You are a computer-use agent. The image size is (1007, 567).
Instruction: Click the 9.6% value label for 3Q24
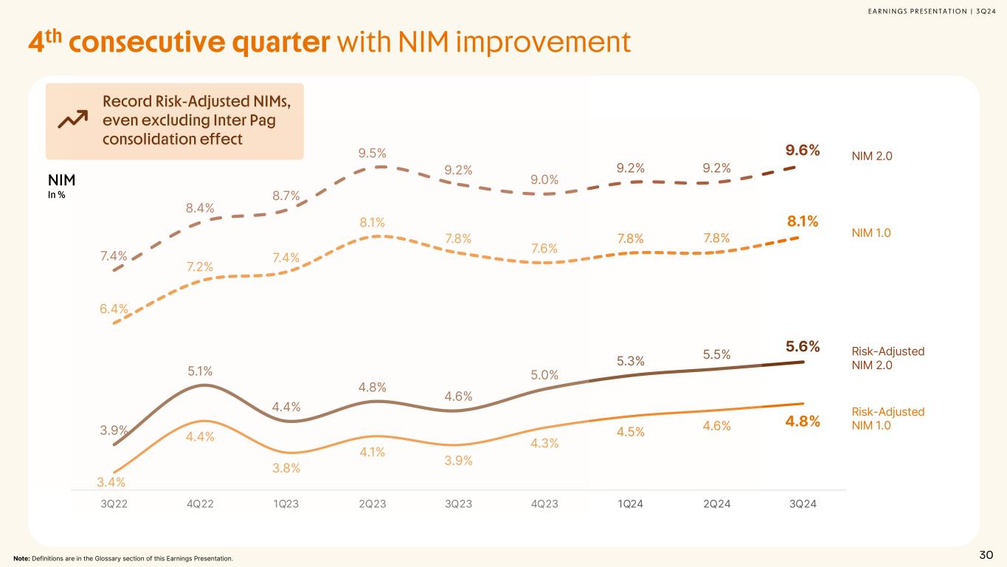803,151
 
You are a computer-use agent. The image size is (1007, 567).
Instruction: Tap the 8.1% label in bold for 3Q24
803,221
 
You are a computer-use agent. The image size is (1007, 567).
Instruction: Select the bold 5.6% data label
803,346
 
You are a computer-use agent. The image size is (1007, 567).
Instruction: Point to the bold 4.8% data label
803,422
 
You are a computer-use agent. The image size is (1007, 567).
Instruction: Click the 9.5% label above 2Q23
373,154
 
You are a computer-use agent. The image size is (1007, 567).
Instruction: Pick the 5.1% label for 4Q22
200,370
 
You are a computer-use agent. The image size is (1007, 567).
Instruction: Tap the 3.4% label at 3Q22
111,482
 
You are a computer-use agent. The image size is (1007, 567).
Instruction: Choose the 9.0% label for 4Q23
544,179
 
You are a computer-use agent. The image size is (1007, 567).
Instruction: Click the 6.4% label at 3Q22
114,309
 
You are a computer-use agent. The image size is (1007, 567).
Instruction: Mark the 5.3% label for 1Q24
631,360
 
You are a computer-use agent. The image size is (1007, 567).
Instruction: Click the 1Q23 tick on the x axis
286,504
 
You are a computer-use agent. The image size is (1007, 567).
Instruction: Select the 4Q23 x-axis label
544,504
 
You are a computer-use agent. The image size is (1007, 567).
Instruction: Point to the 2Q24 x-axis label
716,504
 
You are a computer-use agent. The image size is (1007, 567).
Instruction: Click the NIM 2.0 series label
871,155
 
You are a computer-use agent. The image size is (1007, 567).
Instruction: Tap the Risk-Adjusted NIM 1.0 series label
888,418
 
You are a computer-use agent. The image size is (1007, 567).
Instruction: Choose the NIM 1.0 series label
871,233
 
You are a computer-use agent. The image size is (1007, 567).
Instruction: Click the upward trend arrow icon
72,120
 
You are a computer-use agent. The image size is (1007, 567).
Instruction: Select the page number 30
986,555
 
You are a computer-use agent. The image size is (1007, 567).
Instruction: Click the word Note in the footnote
23,558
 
